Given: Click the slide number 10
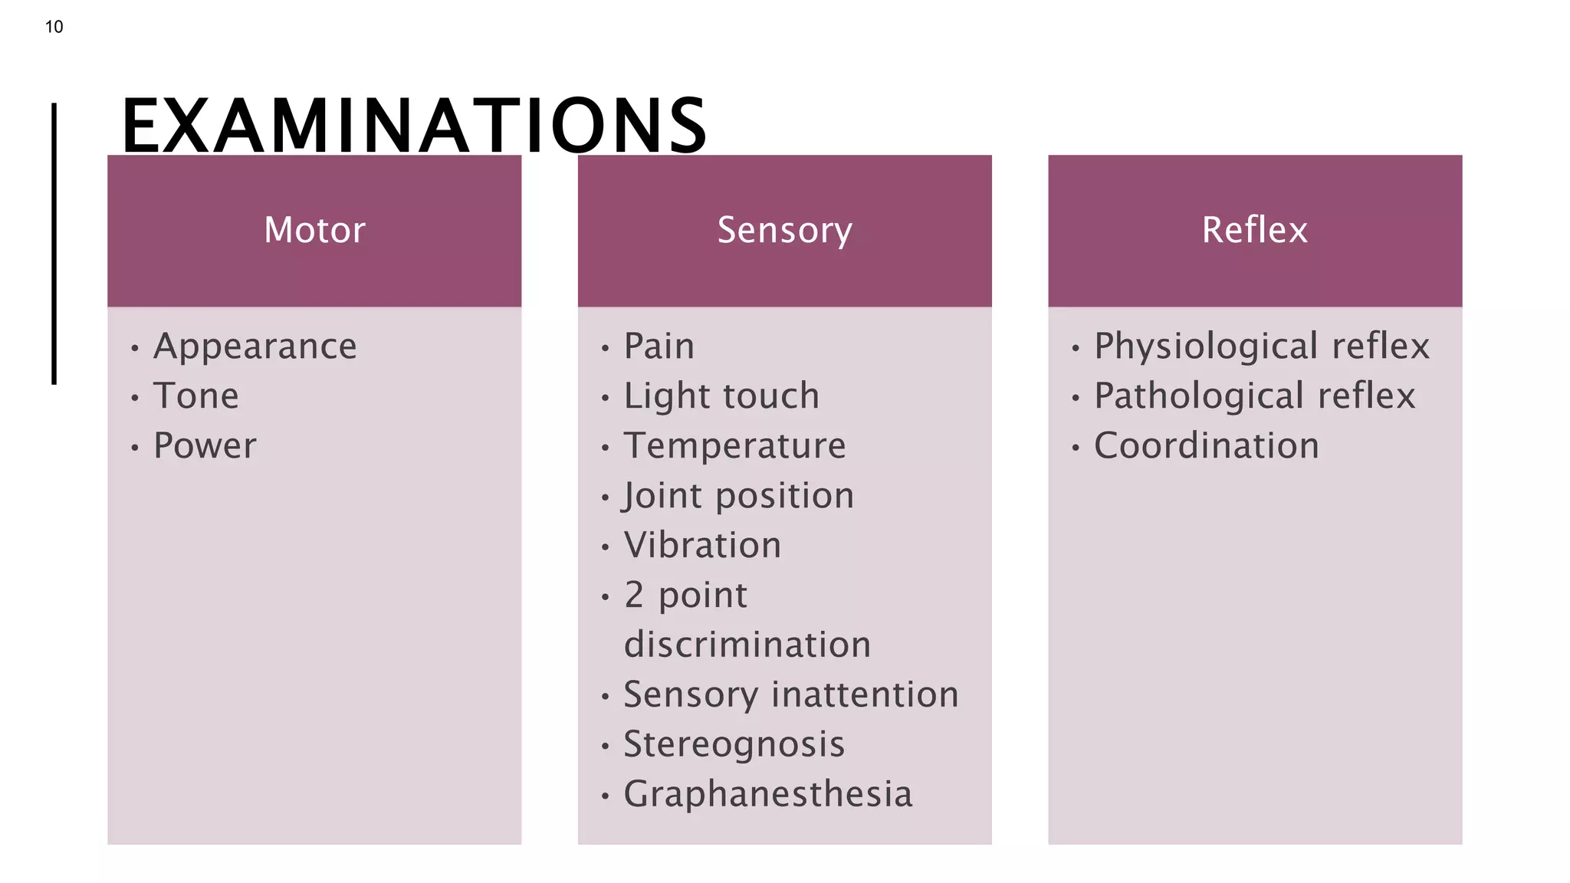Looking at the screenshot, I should pyautogui.click(x=54, y=27).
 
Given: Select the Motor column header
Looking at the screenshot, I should pyautogui.click(x=314, y=230).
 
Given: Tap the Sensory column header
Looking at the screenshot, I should pyautogui.click(x=784, y=230).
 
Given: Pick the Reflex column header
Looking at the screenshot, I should pyautogui.click(x=1254, y=230).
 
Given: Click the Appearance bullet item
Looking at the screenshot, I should pyautogui.click(x=255, y=346).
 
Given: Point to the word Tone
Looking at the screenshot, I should pyautogui.click(x=196, y=396).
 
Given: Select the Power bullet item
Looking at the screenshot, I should pyautogui.click(x=205, y=446).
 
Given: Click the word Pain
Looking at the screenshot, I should pyautogui.click(x=659, y=346).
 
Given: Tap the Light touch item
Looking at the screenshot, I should pyautogui.click(x=721, y=396).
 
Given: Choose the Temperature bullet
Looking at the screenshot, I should pyautogui.click(x=734, y=446).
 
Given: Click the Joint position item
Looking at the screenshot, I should pyautogui.click(x=738, y=496).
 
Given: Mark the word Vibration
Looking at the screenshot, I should pyautogui.click(x=702, y=546).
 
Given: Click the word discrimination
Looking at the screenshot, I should pyautogui.click(x=747, y=645).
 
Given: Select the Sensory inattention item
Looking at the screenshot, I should pyautogui.click(x=790, y=694).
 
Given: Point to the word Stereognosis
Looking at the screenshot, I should pyautogui.click(x=734, y=744).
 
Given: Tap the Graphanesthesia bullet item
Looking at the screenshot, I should pyautogui.click(x=767, y=794).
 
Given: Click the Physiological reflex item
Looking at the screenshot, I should pyautogui.click(x=1261, y=346).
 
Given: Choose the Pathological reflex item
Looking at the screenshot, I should pyautogui.click(x=1254, y=396).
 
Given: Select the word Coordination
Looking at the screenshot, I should pyautogui.click(x=1206, y=446).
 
